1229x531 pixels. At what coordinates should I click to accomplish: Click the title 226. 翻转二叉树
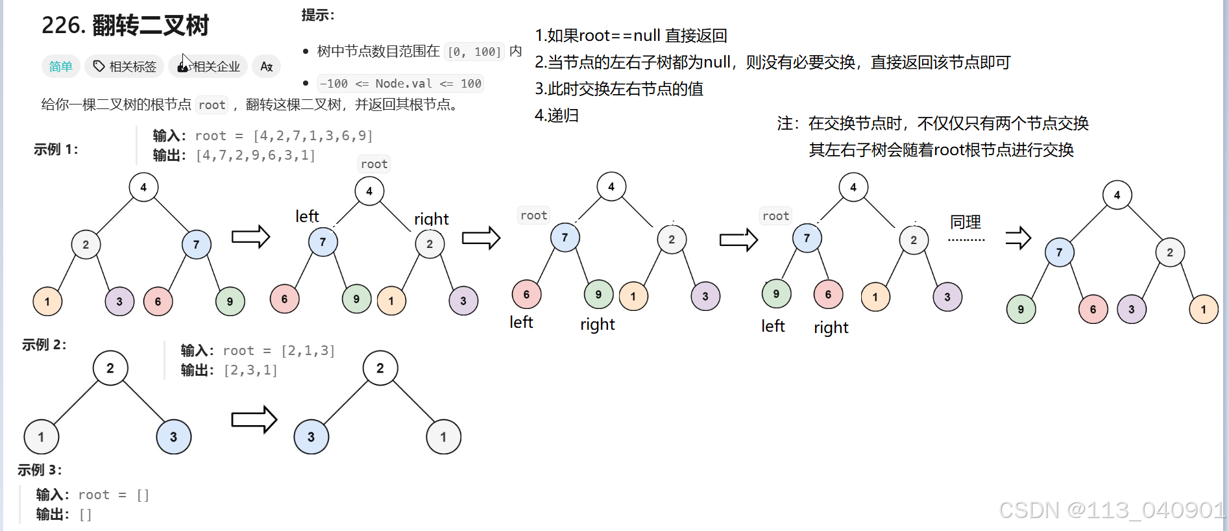point(125,26)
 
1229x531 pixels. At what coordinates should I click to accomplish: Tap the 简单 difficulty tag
point(61,66)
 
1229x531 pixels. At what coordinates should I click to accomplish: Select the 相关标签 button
point(125,66)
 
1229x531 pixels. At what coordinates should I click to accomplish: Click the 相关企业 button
point(208,66)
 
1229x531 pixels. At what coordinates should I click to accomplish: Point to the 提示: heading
point(318,15)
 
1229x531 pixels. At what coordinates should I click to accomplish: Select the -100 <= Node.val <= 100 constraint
point(400,84)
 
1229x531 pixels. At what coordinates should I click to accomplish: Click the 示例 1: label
point(56,149)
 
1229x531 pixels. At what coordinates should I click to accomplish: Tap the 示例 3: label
point(40,469)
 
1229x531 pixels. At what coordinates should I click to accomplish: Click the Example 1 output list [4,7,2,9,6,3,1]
point(256,155)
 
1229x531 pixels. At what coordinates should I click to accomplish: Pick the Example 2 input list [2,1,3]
point(308,351)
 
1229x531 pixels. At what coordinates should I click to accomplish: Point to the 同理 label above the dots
point(966,222)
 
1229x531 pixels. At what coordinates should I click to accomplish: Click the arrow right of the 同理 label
point(1018,238)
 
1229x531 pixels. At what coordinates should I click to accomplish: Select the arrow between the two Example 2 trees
point(254,419)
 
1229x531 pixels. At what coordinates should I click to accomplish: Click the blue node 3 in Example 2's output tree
point(311,437)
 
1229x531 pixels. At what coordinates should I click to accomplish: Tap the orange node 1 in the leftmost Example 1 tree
point(47,301)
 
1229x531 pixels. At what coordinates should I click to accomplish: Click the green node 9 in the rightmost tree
point(1021,309)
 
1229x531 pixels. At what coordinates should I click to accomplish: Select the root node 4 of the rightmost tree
point(1117,195)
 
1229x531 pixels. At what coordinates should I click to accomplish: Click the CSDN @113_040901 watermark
point(1111,510)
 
